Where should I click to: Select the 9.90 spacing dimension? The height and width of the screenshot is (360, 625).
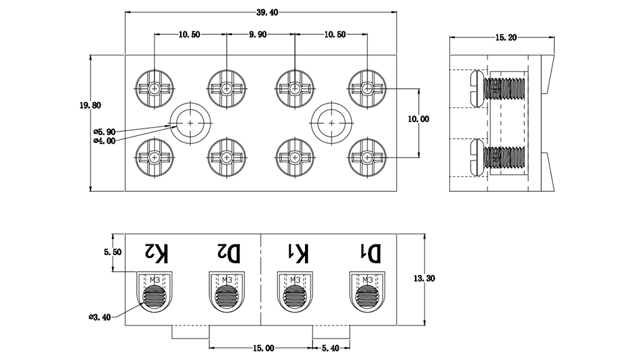258,35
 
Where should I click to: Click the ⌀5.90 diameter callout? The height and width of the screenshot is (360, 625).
104,132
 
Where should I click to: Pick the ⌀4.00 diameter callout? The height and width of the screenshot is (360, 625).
104,141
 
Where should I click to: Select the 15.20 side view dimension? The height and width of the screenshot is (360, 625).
505,38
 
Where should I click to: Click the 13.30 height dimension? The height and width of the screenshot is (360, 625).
424,279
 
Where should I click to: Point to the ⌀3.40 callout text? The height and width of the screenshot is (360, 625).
99,317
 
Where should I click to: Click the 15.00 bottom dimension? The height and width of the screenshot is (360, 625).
262,347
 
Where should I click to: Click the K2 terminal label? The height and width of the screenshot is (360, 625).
156,253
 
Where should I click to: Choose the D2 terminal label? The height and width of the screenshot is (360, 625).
228,253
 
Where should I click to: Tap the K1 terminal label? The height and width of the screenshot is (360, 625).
297,253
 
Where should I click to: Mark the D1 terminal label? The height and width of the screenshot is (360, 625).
369,253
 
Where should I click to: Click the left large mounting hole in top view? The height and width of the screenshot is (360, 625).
191,123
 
